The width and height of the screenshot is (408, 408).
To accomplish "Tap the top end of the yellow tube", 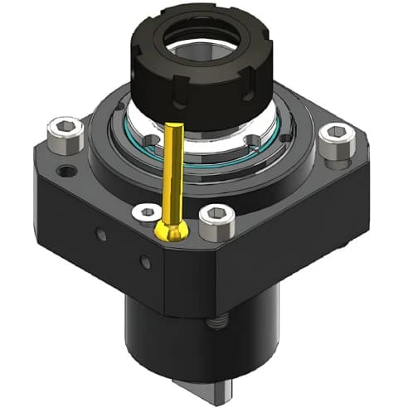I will (175, 127).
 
